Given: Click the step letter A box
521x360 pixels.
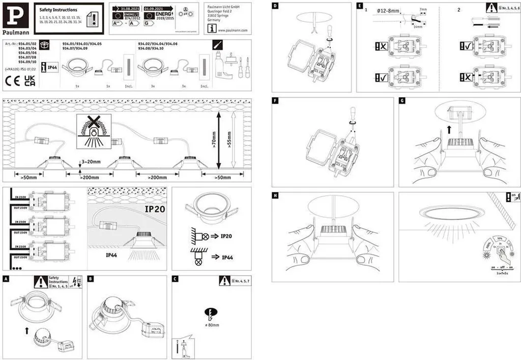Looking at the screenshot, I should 6,279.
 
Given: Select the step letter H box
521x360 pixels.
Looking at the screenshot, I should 275,195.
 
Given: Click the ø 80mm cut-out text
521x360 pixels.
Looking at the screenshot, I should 212,324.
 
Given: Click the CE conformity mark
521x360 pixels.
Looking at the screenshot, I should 11,81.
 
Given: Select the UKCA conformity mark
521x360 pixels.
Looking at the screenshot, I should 30,81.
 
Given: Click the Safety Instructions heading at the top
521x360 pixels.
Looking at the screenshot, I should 59,10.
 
